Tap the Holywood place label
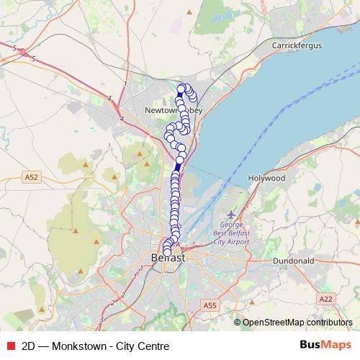click(x=266, y=177)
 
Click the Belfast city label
click(x=168, y=258)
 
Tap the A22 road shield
click(x=327, y=297)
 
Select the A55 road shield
click(x=210, y=305)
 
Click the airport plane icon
click(x=230, y=215)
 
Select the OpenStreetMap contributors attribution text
click(x=297, y=323)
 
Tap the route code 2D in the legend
click(x=29, y=345)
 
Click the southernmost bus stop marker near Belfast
click(x=167, y=251)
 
